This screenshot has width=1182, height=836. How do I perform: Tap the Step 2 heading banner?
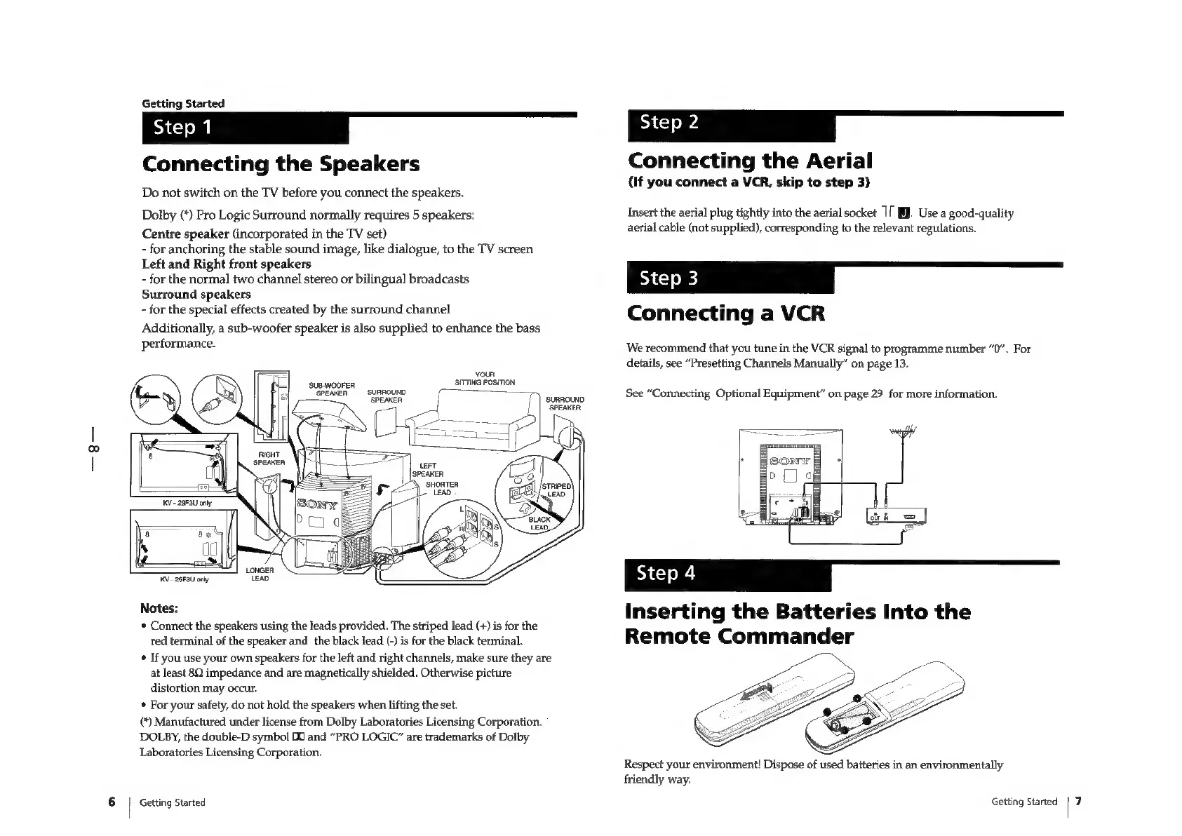point(731,124)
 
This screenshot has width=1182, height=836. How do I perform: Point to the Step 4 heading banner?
point(727,574)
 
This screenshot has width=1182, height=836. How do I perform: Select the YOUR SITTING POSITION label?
point(485,378)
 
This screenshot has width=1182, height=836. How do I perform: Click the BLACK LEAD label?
point(539,524)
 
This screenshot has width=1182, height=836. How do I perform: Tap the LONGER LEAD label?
point(260,574)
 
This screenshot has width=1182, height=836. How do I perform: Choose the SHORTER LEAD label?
point(442,488)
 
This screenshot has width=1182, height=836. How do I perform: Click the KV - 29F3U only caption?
point(182,504)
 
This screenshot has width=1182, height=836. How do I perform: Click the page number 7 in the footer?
point(1079,801)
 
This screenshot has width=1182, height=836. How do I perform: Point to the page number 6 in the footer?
point(112,802)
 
